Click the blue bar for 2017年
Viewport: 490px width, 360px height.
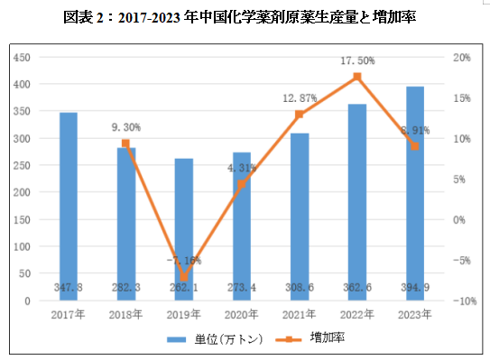click(x=69, y=207)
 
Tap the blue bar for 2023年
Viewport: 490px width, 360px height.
click(x=415, y=193)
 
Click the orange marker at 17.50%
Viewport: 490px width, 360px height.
click(x=357, y=78)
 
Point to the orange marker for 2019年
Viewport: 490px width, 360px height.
click(x=184, y=277)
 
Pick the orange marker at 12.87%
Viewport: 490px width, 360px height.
click(x=300, y=115)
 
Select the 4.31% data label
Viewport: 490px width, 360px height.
click(x=242, y=168)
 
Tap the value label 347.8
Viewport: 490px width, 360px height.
click(x=69, y=286)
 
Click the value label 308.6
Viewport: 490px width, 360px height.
click(x=300, y=286)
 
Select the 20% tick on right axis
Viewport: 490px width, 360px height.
click(x=461, y=57)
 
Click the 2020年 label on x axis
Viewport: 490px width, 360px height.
click(x=242, y=315)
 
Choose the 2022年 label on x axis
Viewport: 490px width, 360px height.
click(x=357, y=315)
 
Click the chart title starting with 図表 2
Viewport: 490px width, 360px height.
click(x=245, y=16)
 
